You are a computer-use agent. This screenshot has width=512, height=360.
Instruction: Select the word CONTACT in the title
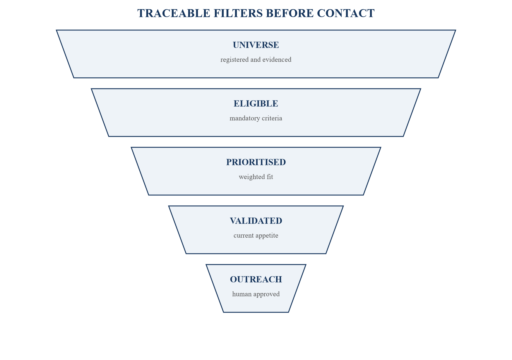[345, 13]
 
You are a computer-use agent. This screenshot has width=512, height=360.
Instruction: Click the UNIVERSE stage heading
[256, 45]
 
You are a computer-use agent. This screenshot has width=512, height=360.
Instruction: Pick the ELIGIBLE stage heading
[256, 104]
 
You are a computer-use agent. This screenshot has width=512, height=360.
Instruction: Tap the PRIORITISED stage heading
[256, 162]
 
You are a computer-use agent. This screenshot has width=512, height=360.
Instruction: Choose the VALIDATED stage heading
[256, 221]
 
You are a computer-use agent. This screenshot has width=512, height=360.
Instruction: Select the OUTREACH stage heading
[256, 279]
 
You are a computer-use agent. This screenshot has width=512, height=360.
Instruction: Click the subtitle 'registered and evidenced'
[256, 60]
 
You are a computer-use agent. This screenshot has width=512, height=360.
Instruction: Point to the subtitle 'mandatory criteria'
[256, 118]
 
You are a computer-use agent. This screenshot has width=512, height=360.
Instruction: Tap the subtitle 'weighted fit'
[256, 177]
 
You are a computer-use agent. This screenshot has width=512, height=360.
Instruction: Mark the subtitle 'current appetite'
[256, 236]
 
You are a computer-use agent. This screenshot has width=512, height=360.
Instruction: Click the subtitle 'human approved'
[256, 294]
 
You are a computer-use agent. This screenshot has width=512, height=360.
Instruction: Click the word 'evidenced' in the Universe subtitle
[277, 60]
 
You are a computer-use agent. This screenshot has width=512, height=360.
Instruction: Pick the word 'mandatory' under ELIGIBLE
[243, 118]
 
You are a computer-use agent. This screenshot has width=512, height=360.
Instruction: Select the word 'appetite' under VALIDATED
[266, 236]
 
